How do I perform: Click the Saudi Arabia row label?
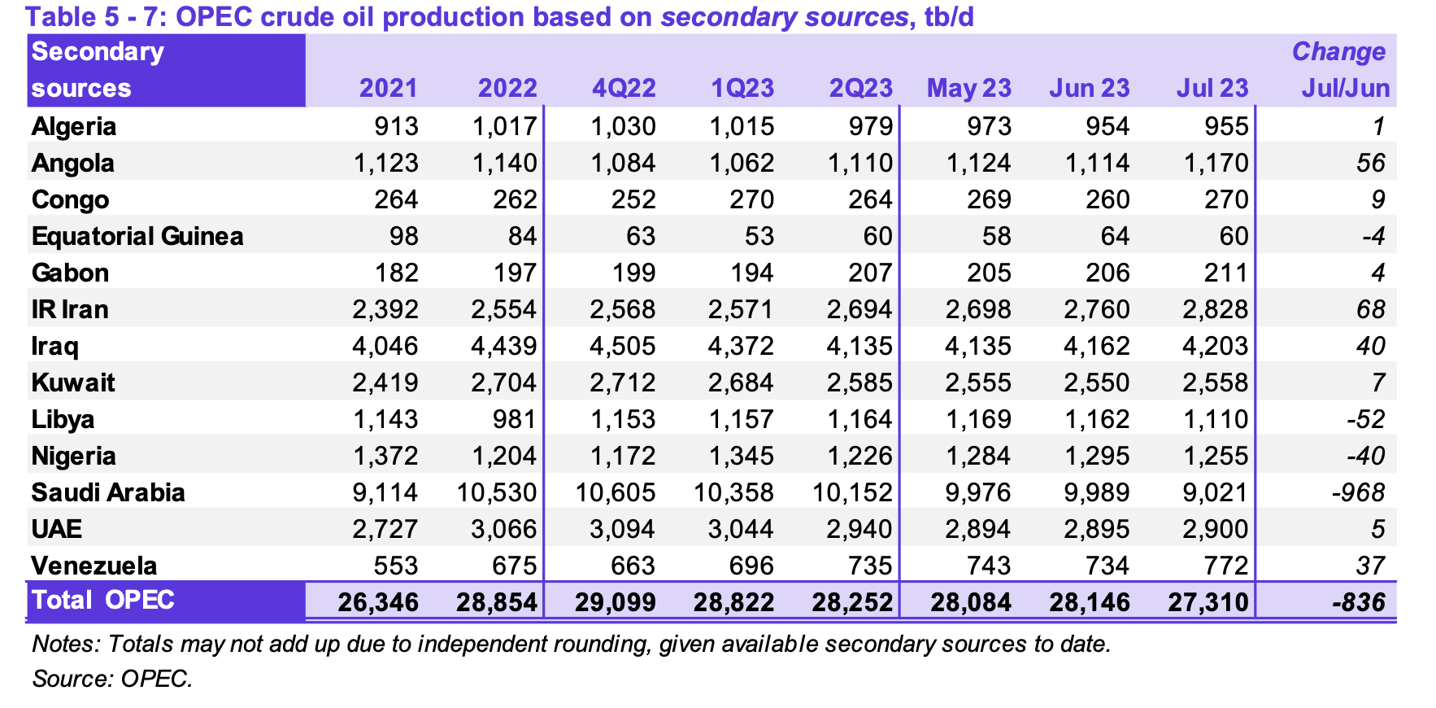[108, 492]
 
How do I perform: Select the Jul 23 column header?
[1212, 88]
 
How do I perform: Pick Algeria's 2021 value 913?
[397, 126]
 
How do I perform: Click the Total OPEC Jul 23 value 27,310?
[1208, 602]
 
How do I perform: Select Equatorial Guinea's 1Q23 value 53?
[759, 236]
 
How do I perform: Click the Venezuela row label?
[94, 566]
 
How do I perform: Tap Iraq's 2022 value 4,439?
[503, 346]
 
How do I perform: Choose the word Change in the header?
[1338, 51]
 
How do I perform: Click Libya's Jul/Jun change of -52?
[1365, 419]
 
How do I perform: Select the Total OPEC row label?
[103, 600]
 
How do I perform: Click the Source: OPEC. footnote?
[112, 678]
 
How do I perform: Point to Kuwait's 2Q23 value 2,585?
[859, 382]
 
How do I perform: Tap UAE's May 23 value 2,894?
[978, 529]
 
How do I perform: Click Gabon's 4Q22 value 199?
[633, 273]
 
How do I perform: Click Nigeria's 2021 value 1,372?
[385, 456]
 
